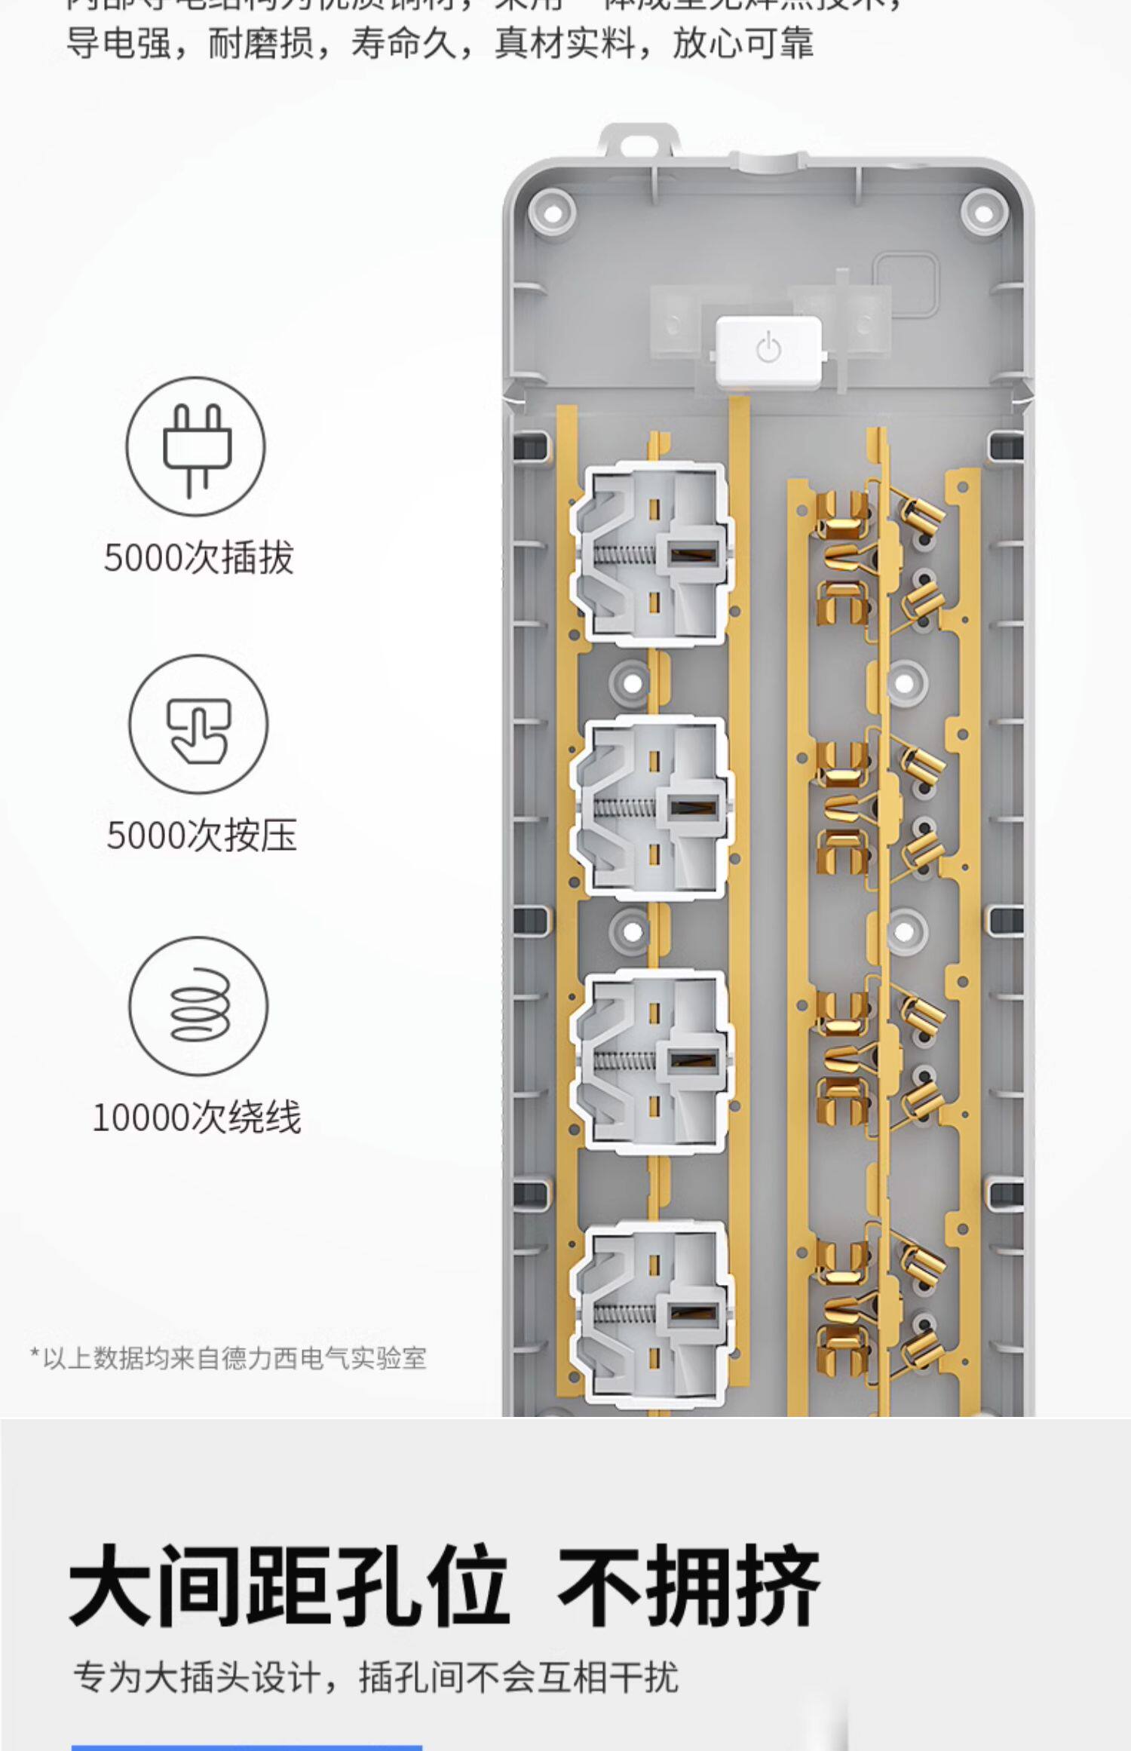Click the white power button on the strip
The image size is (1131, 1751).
768,351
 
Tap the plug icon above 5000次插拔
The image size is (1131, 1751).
195,446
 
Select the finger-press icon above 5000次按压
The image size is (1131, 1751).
198,724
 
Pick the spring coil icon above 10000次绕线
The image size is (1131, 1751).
198,1006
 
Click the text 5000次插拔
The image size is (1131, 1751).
198,559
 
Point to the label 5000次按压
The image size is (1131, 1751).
201,836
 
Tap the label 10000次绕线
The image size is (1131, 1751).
197,1118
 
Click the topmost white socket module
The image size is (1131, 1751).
652,554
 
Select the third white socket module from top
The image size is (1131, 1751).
652,1062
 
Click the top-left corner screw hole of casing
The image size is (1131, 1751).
552,213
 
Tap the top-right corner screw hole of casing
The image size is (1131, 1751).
984,213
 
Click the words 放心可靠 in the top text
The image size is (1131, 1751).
743,43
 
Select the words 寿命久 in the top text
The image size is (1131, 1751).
404,43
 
